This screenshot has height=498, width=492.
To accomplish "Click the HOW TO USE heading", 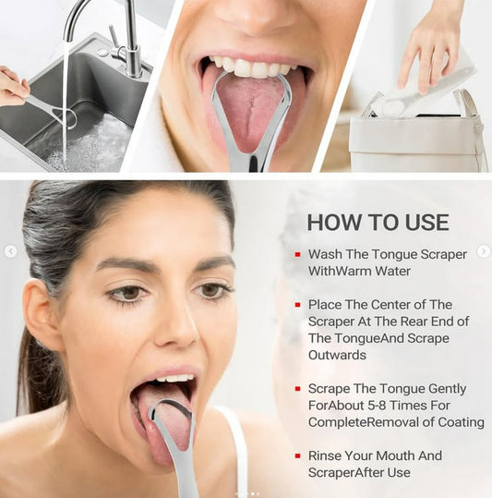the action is tap(378, 223).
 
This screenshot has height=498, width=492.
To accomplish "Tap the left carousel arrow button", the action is tap(11, 251).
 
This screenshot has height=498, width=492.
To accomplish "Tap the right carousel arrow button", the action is tap(484, 251).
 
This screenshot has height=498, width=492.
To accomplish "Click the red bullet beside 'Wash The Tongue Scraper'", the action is tap(297, 254).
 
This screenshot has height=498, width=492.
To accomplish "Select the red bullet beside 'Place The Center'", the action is tap(297, 305).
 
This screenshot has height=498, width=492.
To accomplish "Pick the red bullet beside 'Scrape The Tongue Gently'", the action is tap(297, 389).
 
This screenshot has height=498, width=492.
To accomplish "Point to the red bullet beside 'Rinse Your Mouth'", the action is tap(297, 455).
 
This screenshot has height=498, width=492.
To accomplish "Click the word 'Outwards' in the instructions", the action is tap(337, 355).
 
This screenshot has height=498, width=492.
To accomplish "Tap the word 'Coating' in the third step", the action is tap(461, 422).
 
